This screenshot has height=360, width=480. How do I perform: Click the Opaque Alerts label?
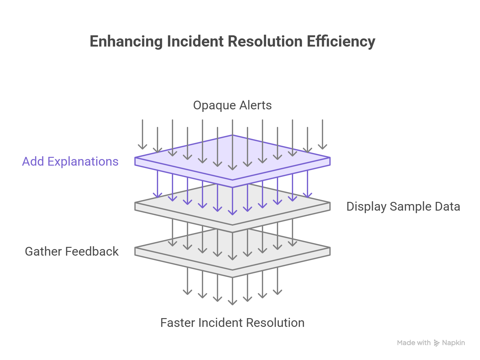(232, 105)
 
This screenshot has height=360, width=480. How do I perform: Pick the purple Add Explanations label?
(70, 162)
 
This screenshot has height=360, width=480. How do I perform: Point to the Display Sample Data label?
(403, 207)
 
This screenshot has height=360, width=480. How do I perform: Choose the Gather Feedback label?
(72, 252)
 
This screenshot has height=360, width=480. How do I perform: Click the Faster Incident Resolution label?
(232, 323)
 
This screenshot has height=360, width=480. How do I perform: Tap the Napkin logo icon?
(437, 343)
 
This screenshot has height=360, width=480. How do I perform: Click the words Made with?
(414, 343)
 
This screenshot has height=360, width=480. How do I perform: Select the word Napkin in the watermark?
(453, 343)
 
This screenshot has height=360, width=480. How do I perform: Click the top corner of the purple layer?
(232, 135)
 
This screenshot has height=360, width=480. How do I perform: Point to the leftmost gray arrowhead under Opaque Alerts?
(142, 147)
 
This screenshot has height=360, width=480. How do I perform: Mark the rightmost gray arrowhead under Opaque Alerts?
(322, 147)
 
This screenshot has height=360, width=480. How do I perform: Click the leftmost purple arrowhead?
(157, 196)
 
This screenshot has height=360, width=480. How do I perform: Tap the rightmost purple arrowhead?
(307, 196)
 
